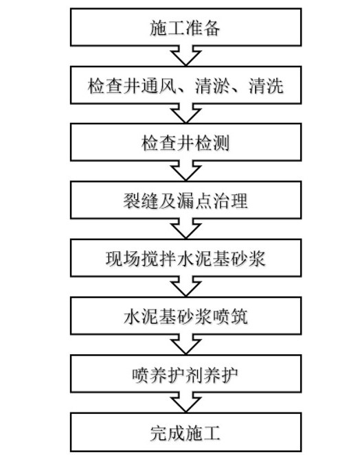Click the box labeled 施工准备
[x=185, y=27]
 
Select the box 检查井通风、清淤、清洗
[x=185, y=85]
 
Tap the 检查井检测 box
[x=185, y=142]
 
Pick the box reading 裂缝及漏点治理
[x=185, y=200]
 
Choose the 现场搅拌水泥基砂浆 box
[x=185, y=257]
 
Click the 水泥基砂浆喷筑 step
[x=185, y=316]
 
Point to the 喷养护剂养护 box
[x=185, y=374]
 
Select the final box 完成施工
[x=185, y=432]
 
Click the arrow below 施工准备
[x=185, y=56]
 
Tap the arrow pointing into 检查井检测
[x=185, y=113]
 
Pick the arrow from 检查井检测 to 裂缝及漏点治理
[x=185, y=171]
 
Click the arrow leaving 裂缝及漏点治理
[x=185, y=229]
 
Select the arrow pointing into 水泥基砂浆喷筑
[x=185, y=286]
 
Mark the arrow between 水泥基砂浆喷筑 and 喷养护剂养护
[x=185, y=345]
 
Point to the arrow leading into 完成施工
[x=185, y=402]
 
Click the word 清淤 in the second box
[x=212, y=86]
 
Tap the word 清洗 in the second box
[x=266, y=86]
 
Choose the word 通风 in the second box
[x=159, y=86]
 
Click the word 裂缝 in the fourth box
[x=141, y=200]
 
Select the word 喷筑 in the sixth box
[x=230, y=316]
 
